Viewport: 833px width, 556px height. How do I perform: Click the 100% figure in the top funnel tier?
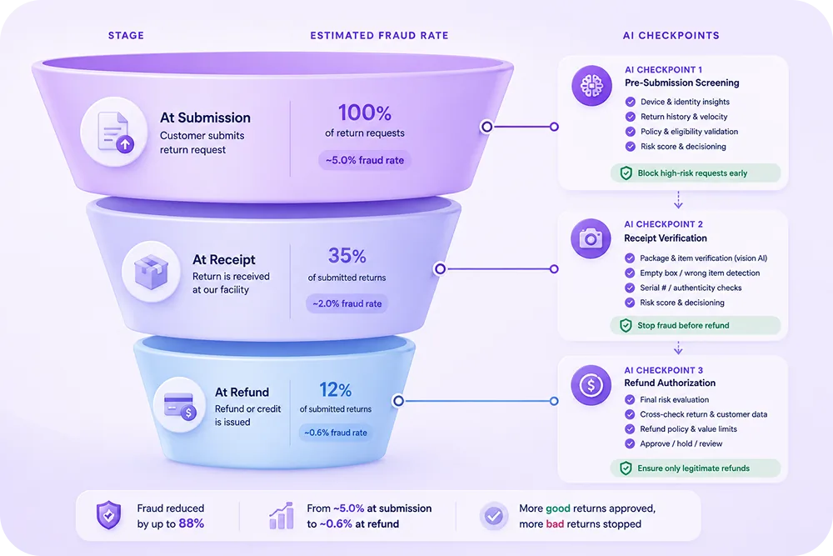pos(365,113)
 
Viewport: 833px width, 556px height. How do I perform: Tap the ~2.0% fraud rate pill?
pos(347,303)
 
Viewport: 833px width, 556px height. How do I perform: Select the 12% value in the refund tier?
pos(335,390)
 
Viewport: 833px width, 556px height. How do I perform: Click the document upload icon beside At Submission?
pos(114,132)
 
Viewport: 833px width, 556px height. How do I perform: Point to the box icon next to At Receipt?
pos(152,272)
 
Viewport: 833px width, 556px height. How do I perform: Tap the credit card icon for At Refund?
pos(180,405)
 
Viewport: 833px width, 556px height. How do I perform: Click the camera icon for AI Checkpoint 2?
pos(591,238)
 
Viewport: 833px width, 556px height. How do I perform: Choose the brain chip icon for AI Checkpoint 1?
pos(591,86)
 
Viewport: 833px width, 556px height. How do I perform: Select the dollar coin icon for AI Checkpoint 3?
pos(591,385)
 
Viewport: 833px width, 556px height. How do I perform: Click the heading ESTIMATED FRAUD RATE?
pos(379,36)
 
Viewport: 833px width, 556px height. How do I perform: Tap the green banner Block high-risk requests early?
pos(696,173)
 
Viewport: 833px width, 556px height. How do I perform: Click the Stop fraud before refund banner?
pos(696,325)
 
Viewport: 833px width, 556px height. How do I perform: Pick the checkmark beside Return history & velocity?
pos(630,117)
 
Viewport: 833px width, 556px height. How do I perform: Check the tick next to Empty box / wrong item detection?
pos(630,273)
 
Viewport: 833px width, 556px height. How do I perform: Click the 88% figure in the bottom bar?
pos(192,523)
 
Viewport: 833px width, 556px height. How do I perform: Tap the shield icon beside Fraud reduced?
pos(108,515)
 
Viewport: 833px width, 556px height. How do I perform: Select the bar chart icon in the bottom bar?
pos(282,516)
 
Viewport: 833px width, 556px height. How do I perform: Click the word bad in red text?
pos(555,524)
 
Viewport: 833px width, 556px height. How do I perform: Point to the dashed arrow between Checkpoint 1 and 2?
pos(678,199)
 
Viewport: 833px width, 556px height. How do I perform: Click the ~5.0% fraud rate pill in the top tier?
pos(365,160)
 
